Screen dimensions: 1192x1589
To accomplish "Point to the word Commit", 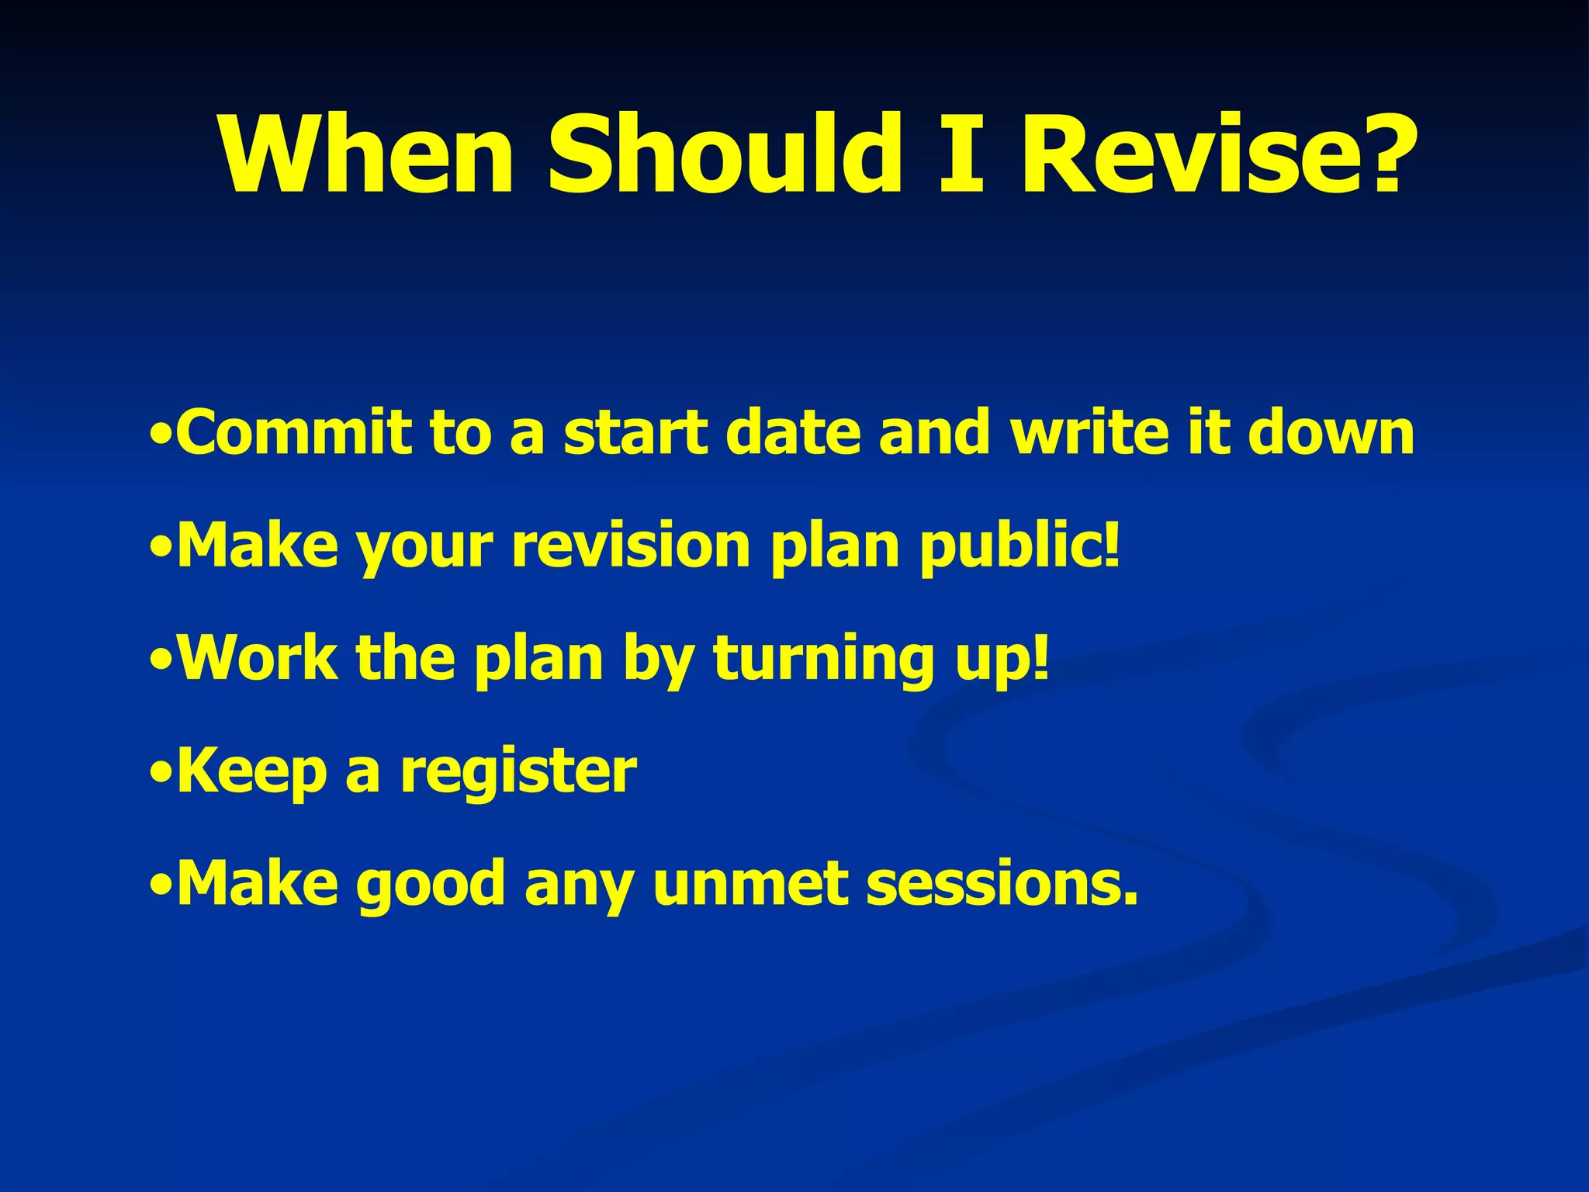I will (x=294, y=432).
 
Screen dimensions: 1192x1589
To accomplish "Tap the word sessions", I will (x=1001, y=885).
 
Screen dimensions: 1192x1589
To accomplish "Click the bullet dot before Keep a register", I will (x=161, y=773).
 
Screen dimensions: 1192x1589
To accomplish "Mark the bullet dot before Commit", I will (x=160, y=434).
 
